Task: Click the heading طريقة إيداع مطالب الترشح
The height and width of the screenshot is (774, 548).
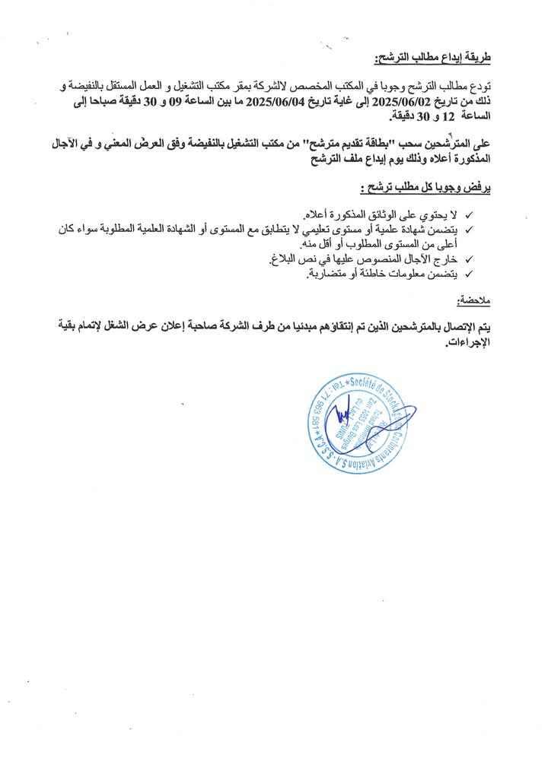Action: point(435,58)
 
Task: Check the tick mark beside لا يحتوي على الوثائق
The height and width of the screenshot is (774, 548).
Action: point(468,215)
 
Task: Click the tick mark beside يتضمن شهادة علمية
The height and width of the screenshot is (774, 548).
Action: point(468,229)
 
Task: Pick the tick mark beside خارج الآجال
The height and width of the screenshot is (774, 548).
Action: point(468,260)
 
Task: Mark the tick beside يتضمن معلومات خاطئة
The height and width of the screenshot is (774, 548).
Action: point(468,274)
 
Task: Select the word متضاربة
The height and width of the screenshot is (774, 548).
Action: point(304,274)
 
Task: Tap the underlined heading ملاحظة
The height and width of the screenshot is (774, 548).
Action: point(474,302)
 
